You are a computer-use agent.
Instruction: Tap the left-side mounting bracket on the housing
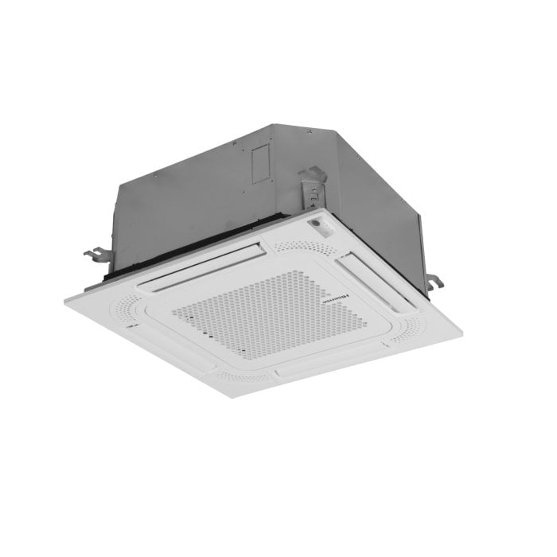[96, 255]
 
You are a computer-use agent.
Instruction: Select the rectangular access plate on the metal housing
[263, 165]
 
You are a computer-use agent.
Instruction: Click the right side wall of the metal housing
[374, 191]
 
